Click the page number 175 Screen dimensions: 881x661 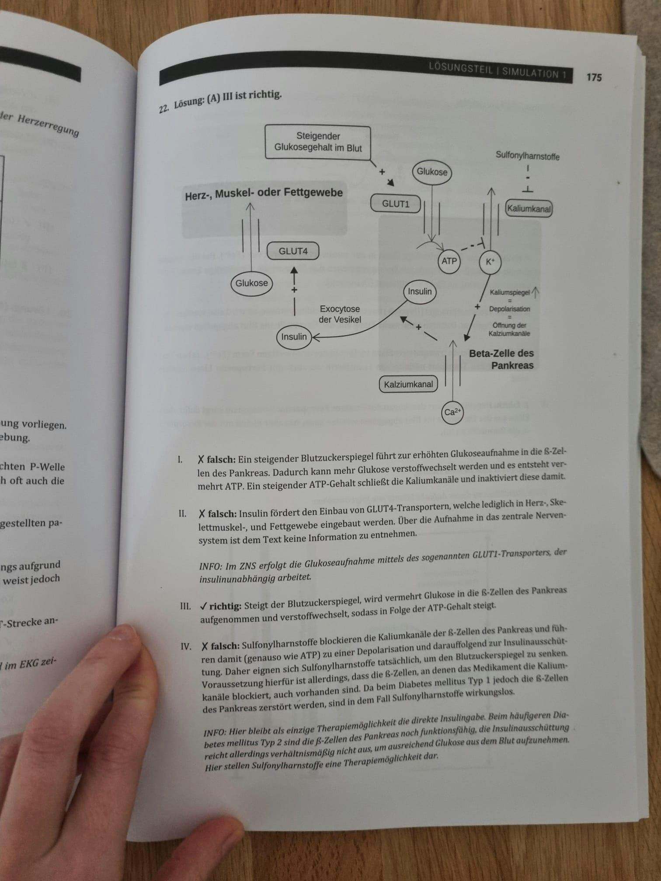click(x=594, y=77)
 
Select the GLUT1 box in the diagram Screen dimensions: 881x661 click(x=396, y=204)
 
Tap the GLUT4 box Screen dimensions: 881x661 click(x=293, y=251)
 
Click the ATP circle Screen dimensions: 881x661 click(x=449, y=261)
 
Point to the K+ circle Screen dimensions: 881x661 click(x=490, y=262)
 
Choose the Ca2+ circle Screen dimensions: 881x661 click(x=452, y=412)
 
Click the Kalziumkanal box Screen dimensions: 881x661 click(x=408, y=385)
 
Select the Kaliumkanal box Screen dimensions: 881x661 click(x=529, y=208)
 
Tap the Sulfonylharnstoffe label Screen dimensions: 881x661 click(x=527, y=156)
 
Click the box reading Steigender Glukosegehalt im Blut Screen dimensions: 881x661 click(x=318, y=142)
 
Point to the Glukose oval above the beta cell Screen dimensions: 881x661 click(x=432, y=172)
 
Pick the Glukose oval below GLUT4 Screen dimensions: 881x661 click(x=251, y=283)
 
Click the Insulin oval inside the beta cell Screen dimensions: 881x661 click(x=420, y=291)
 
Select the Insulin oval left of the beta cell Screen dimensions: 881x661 click(x=294, y=337)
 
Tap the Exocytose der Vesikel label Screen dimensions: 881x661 click(x=340, y=314)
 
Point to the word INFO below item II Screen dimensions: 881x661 click(x=212, y=567)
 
